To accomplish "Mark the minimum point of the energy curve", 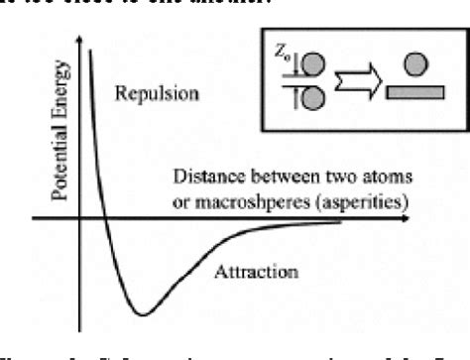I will [x=144, y=314].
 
